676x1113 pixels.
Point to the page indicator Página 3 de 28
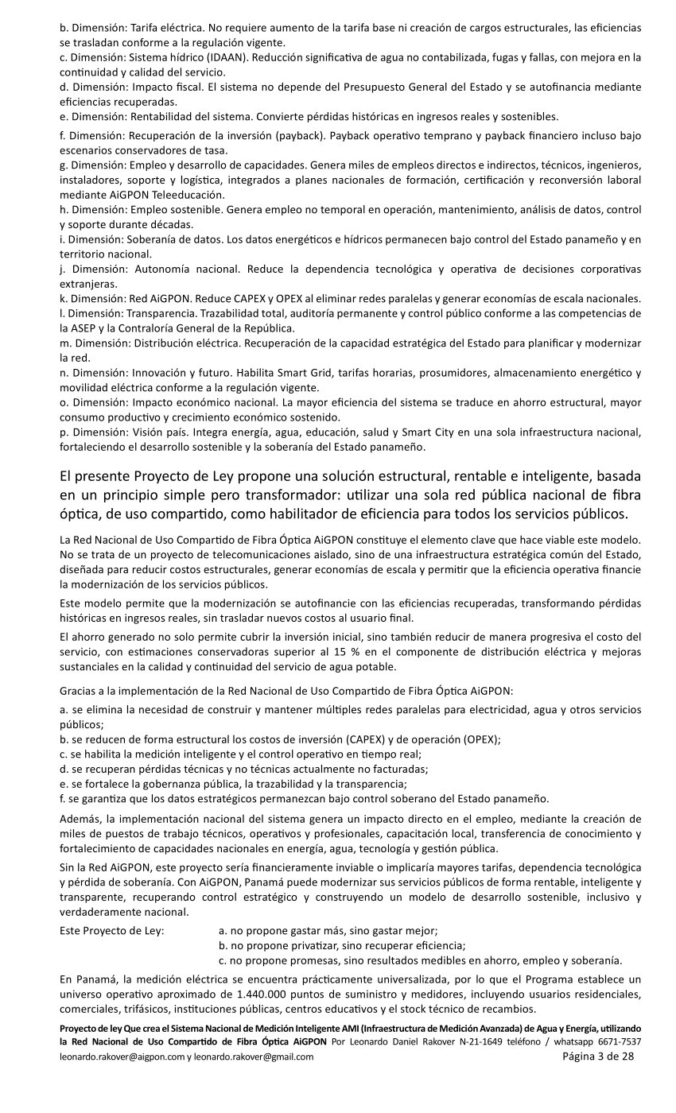[x=598, y=1057]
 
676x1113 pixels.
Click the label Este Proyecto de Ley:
[x=111, y=930]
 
